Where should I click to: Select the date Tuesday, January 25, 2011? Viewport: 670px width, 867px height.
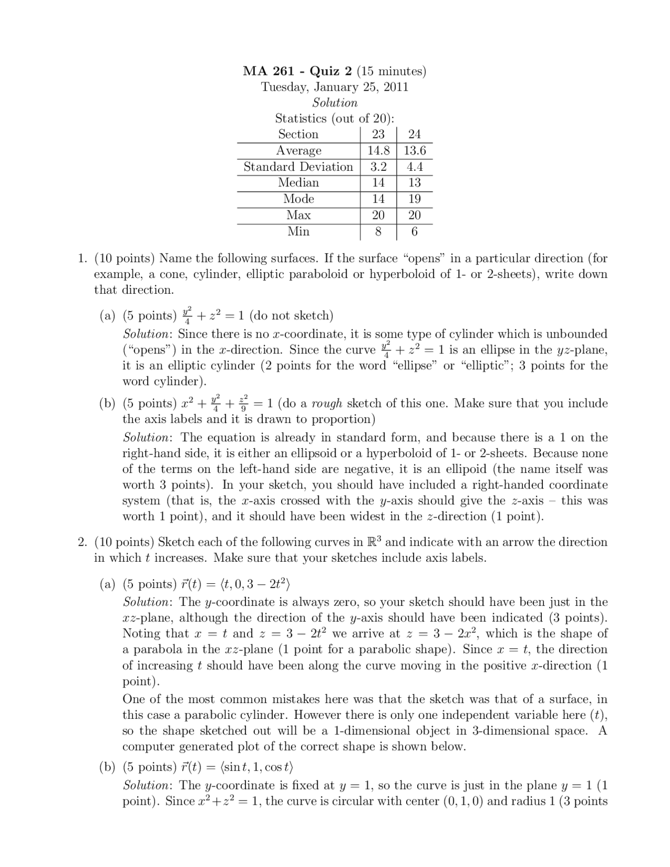point(334,87)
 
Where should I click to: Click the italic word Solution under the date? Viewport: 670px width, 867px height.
point(334,103)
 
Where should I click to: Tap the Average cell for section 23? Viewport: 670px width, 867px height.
point(378,151)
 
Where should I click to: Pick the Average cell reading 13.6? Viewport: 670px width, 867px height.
point(415,151)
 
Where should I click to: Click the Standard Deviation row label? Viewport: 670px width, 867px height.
point(298,166)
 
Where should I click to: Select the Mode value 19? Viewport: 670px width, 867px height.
point(415,199)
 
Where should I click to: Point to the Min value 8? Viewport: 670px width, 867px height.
point(378,231)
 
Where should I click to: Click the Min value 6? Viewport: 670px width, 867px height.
point(415,231)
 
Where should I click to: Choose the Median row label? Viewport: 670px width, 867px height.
point(298,183)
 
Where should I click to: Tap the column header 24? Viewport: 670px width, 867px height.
point(415,135)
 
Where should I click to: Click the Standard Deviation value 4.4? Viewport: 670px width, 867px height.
point(415,167)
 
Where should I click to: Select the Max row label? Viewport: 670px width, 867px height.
point(298,215)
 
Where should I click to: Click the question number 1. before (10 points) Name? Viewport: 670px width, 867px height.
point(82,259)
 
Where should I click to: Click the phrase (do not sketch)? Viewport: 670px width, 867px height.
point(291,316)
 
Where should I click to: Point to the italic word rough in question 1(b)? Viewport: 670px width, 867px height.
point(327,404)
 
